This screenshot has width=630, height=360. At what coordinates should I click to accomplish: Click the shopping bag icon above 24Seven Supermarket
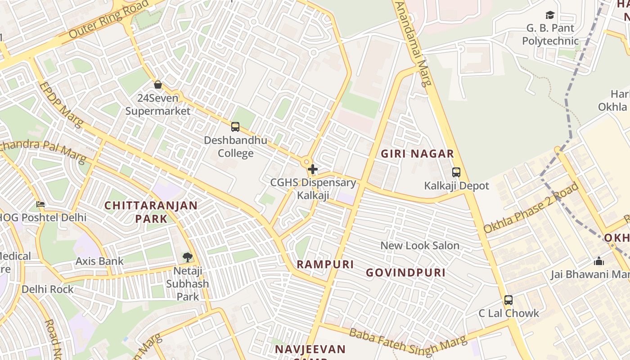coord(158,85)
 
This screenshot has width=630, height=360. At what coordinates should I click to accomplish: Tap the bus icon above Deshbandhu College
coord(235,127)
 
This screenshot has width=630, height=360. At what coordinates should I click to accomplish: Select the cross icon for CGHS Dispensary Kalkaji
coord(313,170)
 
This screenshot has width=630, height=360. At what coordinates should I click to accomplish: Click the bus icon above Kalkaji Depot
coord(456,172)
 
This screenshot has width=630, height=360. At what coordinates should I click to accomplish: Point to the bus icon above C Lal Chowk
coord(508,300)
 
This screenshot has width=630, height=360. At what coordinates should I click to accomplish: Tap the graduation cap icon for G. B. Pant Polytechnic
coord(550,15)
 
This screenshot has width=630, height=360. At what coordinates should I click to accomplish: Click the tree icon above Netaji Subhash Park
coord(187,257)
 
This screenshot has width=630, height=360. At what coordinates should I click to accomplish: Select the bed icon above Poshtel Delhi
coord(40,204)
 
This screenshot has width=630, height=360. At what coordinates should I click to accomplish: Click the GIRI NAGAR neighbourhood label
coord(417,154)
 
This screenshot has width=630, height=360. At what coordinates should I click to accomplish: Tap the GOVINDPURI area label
coord(405,273)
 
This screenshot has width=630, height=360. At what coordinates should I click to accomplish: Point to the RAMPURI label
coord(325,264)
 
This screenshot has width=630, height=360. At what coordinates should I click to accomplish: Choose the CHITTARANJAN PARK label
coord(151,212)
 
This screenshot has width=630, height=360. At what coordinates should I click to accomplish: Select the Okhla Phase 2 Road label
coord(531,208)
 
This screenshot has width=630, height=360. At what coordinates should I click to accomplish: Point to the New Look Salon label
coord(420,246)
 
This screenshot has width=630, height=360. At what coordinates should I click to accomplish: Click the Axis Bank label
coord(99,261)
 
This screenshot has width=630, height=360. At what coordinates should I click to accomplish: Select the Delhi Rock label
coord(47,289)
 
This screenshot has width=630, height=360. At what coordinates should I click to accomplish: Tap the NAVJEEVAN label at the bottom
coord(310,349)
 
